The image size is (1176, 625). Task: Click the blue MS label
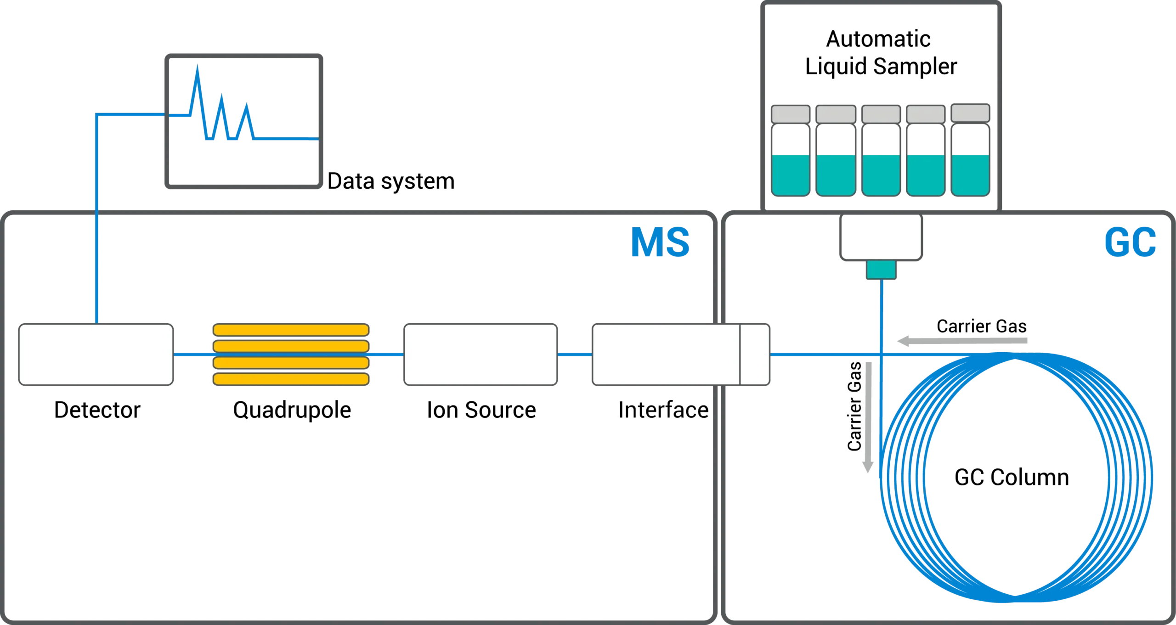(661, 242)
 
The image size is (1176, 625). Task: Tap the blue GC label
(1129, 242)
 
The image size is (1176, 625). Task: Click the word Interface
(661, 410)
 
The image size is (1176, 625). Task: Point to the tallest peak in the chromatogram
(198, 69)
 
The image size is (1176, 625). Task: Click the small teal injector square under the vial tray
(881, 270)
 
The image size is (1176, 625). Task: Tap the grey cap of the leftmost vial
(790, 114)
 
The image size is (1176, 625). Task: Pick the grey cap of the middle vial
(881, 114)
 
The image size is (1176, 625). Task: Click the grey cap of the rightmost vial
(970, 113)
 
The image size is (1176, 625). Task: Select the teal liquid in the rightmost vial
(970, 175)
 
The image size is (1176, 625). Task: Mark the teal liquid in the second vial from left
(836, 175)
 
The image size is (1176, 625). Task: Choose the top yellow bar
(291, 330)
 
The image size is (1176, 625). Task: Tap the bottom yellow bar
(291, 379)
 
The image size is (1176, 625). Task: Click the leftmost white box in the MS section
(96, 354)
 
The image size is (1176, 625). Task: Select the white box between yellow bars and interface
(481, 354)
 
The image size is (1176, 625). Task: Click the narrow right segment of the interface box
(754, 354)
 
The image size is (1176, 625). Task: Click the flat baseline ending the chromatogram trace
(287, 138)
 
